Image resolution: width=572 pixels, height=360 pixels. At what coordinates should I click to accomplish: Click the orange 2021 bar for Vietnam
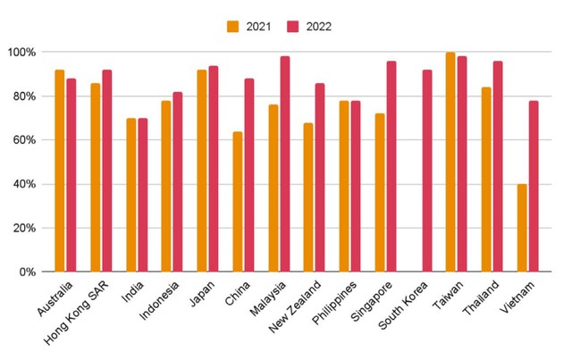522,228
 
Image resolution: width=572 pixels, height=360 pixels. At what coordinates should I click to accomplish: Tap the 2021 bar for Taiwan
450,162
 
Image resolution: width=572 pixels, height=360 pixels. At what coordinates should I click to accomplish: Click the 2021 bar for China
238,202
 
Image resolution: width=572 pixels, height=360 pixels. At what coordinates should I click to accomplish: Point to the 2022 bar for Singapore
391,166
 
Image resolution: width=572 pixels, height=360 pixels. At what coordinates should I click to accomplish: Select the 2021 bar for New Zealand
308,197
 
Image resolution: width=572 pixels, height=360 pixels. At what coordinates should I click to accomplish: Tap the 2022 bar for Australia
71,175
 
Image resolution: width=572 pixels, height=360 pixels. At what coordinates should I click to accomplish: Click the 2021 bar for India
131,195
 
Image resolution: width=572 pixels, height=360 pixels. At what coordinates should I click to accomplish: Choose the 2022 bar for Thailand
498,166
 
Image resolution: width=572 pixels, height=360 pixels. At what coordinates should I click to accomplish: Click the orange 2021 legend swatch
234,26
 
